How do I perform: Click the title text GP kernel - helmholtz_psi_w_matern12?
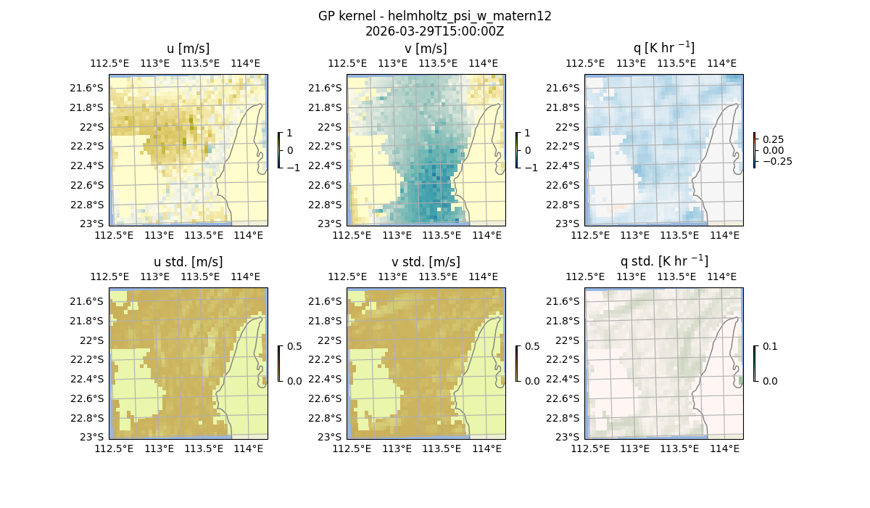[434, 16]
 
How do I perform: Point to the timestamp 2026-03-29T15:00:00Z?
[434, 31]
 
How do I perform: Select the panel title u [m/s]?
[188, 49]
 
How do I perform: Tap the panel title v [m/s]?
[426, 49]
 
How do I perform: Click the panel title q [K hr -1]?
[663, 48]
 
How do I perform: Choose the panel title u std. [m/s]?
[188, 262]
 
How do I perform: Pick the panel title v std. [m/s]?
[426, 262]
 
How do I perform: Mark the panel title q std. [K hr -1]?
[663, 261]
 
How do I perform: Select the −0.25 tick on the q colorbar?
[776, 161]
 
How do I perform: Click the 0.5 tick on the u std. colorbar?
[294, 346]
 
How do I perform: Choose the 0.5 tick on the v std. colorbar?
[532, 346]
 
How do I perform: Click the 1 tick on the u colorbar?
[290, 133]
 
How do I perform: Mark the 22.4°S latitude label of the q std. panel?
[565, 379]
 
